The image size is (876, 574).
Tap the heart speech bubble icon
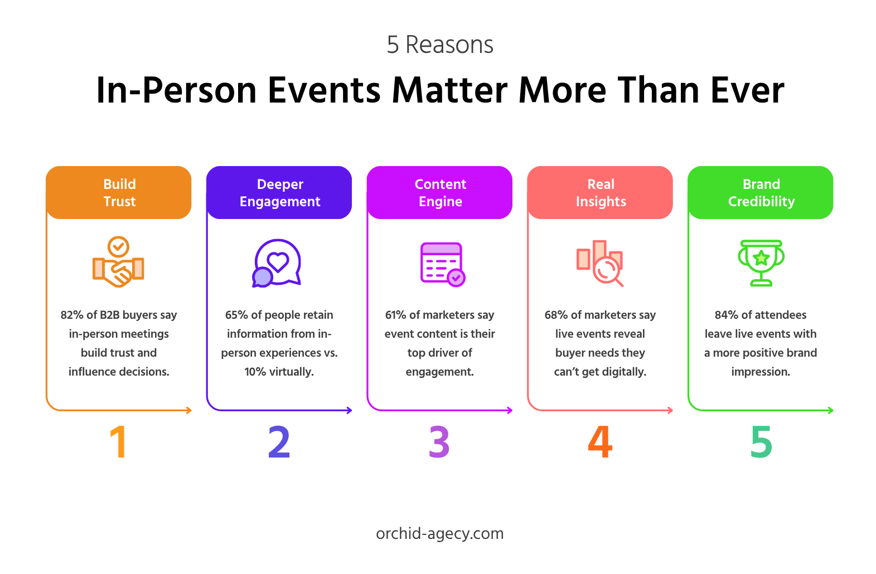277,263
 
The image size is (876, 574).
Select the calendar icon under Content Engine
442,264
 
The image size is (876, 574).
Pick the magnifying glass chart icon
600,264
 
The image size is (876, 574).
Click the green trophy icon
761,263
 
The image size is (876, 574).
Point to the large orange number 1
118,442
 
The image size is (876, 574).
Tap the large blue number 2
279,442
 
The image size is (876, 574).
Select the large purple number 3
439,442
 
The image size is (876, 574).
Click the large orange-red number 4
600,442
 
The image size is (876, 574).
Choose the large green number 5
761,442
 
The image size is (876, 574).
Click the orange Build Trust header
119,193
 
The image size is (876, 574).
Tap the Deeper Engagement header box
279,193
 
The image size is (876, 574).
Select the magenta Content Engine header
440,193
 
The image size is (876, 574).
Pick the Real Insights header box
601,193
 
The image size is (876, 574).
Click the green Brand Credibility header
761,193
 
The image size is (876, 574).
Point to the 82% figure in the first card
72,315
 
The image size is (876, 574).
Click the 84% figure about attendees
726,315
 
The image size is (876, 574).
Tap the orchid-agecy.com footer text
439,534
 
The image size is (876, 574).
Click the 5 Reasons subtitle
440,45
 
